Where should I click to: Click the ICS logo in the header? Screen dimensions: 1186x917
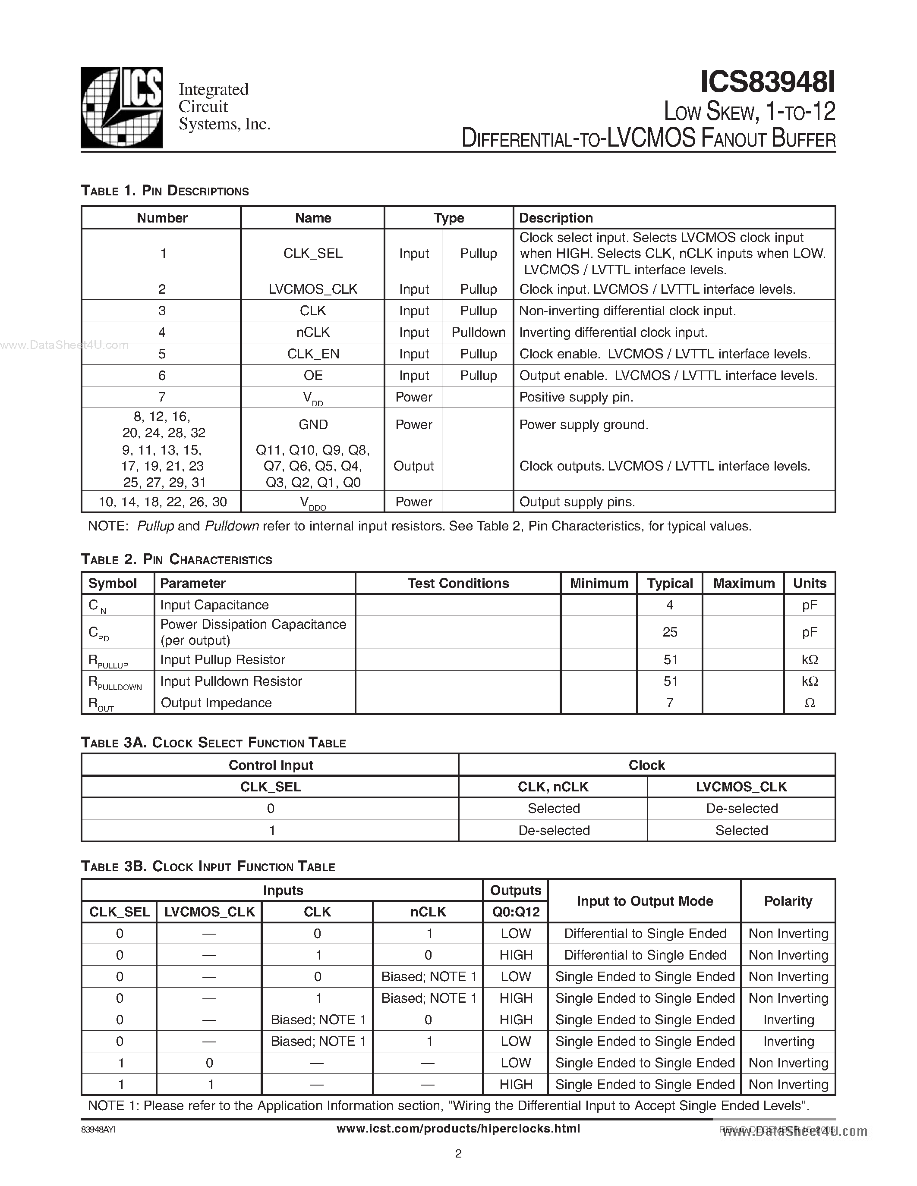tap(122, 107)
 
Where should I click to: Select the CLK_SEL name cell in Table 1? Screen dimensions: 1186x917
tap(313, 254)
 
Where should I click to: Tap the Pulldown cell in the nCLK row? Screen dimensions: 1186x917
tap(478, 333)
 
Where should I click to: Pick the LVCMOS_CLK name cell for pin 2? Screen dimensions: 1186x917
tap(313, 289)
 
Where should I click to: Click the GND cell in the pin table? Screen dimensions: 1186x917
tap(313, 425)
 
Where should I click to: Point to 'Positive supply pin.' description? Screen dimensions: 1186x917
tap(577, 398)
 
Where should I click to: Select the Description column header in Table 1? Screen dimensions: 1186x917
tap(556, 218)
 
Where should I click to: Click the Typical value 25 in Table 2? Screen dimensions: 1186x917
tap(670, 632)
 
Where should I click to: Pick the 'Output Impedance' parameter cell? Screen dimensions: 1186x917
tap(216, 703)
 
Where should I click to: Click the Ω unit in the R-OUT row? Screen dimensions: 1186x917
tap(810, 703)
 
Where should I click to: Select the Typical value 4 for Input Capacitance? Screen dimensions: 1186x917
tap(670, 605)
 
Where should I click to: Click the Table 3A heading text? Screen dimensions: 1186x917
tap(214, 743)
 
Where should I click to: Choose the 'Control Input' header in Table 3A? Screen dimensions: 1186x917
tap(271, 765)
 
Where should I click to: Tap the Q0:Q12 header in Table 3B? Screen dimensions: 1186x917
tap(516, 912)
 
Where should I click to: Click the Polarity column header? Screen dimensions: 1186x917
tap(788, 901)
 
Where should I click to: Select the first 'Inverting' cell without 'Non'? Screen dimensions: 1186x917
tap(788, 1020)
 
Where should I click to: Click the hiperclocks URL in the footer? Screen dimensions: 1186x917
tap(458, 1129)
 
